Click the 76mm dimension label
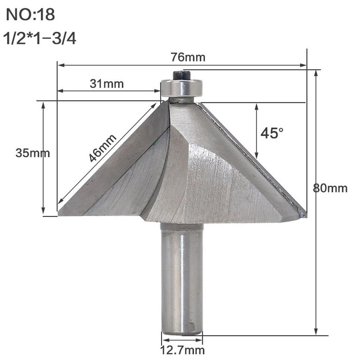point(188,57)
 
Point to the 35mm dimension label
point(32,153)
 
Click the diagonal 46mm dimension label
point(102,148)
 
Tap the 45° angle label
point(272,133)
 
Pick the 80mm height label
point(330,188)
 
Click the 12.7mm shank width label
point(182,350)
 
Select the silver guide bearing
point(182,88)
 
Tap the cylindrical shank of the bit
point(182,278)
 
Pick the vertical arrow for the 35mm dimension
point(43,158)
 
